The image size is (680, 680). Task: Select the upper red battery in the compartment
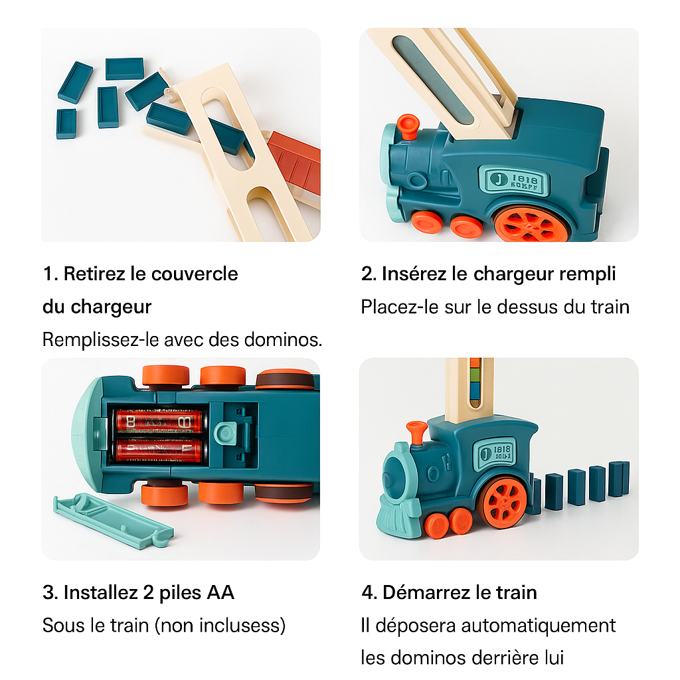[159, 420]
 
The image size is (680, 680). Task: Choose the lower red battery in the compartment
[159, 450]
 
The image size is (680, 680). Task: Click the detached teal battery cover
[113, 521]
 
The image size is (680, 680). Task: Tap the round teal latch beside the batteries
[226, 433]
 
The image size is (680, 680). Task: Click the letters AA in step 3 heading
[220, 592]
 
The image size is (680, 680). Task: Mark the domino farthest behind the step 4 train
[619, 478]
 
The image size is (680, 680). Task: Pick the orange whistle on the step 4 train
[416, 432]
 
